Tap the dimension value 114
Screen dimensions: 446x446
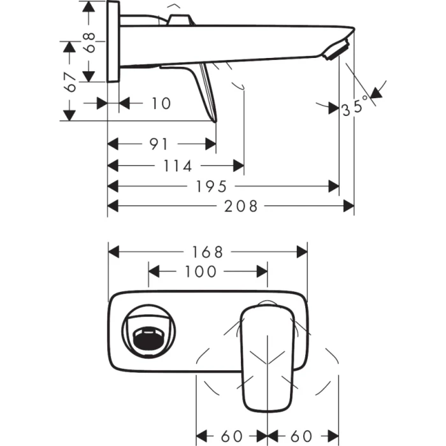tap(178, 166)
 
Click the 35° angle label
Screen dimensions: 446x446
tap(355, 105)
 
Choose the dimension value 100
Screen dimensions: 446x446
tap(201, 272)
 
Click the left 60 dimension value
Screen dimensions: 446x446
tap(232, 436)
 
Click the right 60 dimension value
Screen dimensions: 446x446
tap(302, 436)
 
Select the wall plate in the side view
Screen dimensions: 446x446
tap(113, 42)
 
